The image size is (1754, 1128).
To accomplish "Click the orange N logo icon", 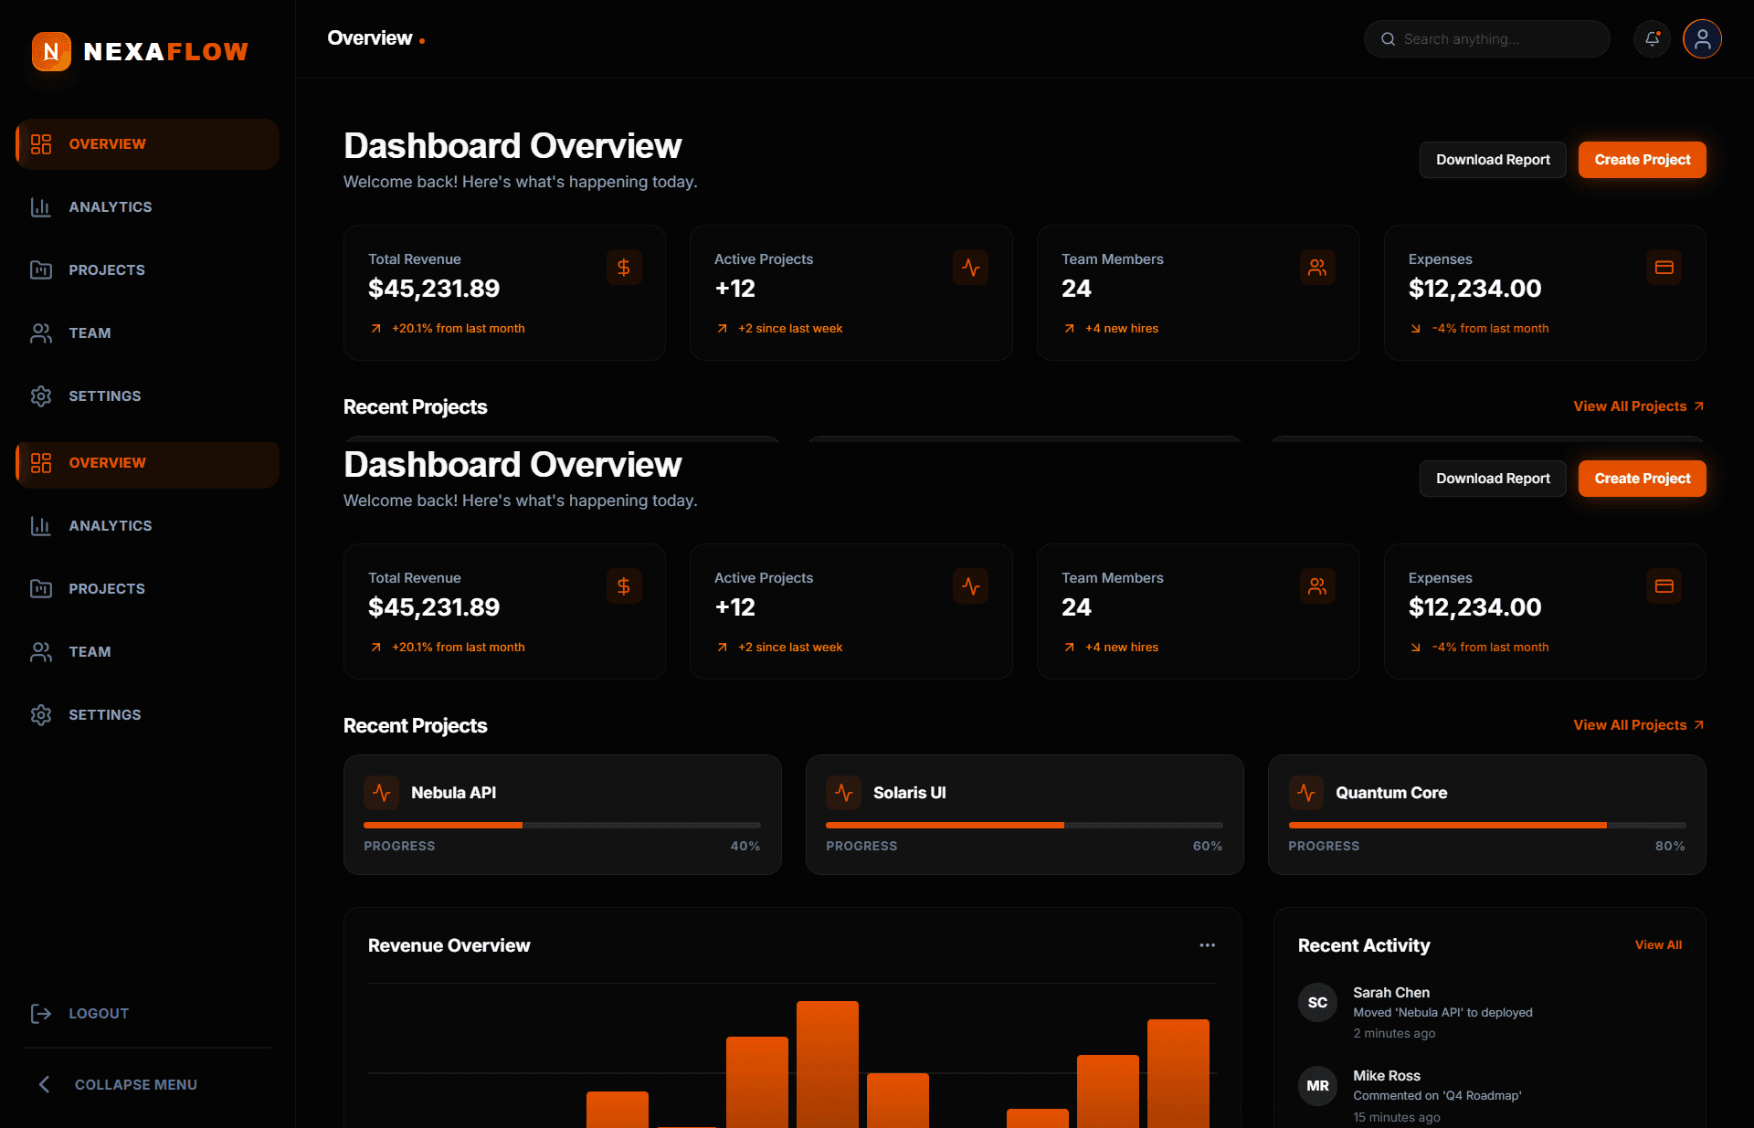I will pyautogui.click(x=51, y=52).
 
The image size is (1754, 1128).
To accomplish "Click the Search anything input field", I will pyautogui.click(x=1486, y=39).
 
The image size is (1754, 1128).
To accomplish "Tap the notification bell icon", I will pyautogui.click(x=1652, y=39).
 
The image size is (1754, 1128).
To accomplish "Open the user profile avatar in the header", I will pyautogui.click(x=1702, y=39).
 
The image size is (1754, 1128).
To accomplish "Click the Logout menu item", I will pyautogui.click(x=98, y=1014).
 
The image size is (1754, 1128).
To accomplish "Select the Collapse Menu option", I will pyautogui.click(x=135, y=1085).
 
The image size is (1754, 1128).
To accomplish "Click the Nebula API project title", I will pyautogui.click(x=453, y=793).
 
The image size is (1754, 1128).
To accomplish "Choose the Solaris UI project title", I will pyautogui.click(x=909, y=793).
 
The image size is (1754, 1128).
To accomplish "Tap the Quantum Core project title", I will pyautogui.click(x=1390, y=793).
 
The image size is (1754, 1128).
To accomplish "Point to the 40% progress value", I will pyautogui.click(x=745, y=847).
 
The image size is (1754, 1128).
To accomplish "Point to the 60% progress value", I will pyautogui.click(x=1207, y=847).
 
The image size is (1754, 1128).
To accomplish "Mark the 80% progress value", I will pyautogui.click(x=1669, y=847).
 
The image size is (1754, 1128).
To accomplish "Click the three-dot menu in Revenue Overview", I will pyautogui.click(x=1207, y=945).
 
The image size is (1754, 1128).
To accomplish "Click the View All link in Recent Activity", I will pyautogui.click(x=1657, y=945).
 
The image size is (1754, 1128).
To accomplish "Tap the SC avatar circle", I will pyautogui.click(x=1317, y=1003).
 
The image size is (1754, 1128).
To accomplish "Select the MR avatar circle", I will pyautogui.click(x=1317, y=1086).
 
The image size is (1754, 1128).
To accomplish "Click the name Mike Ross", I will pyautogui.click(x=1386, y=1076).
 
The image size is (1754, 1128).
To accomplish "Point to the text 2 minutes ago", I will pyautogui.click(x=1394, y=1034).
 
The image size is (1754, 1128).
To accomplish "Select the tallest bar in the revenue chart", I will pyautogui.click(x=827, y=1064).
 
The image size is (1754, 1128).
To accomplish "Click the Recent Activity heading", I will pyautogui.click(x=1363, y=946).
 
